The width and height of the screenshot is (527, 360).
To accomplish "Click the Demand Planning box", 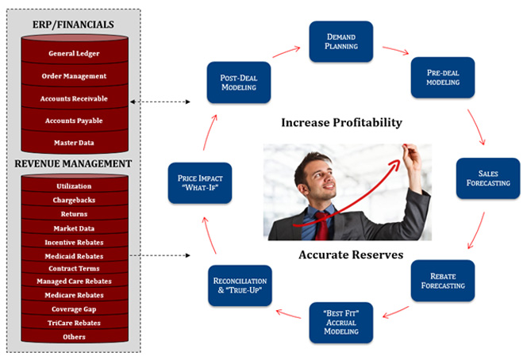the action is pyautogui.click(x=341, y=42).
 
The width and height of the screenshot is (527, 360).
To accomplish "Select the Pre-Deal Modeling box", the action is pyautogui.click(x=443, y=78).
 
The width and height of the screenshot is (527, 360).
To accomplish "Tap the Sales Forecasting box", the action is pyautogui.click(x=488, y=178).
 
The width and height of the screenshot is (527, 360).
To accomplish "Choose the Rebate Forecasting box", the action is pyautogui.click(x=443, y=281).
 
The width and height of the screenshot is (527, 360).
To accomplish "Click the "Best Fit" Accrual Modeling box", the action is pyautogui.click(x=341, y=323).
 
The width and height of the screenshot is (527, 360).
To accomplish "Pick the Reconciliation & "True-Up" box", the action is pyautogui.click(x=240, y=285).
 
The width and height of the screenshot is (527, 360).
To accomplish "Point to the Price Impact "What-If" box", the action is pyautogui.click(x=200, y=183).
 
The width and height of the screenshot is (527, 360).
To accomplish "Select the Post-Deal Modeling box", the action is pyautogui.click(x=239, y=82).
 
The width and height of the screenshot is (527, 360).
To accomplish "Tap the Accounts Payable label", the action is pyautogui.click(x=74, y=121).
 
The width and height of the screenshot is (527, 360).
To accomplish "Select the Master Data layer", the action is pyautogui.click(x=75, y=143).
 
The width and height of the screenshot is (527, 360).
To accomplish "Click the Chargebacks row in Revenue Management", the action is pyautogui.click(x=75, y=200).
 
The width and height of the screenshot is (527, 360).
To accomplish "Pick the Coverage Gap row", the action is pyautogui.click(x=75, y=309).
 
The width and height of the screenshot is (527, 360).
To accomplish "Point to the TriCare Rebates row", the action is pyautogui.click(x=75, y=323).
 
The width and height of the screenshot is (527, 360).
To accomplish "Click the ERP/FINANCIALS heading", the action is pyautogui.click(x=73, y=25).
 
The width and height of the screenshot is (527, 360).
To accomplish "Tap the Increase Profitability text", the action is pyautogui.click(x=341, y=123).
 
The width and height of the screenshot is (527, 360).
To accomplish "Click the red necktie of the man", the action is pyautogui.click(x=321, y=226).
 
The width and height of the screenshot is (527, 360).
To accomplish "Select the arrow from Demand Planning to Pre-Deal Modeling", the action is pyautogui.click(x=395, y=51).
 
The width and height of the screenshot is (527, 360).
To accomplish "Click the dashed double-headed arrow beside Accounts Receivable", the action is pyautogui.click(x=160, y=101).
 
